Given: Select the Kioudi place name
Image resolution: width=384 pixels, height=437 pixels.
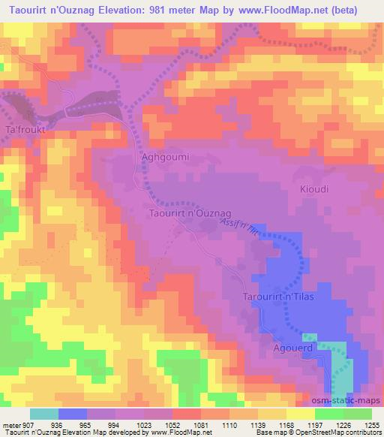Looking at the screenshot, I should point(315,188).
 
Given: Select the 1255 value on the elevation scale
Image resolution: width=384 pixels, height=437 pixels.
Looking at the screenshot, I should point(373,424).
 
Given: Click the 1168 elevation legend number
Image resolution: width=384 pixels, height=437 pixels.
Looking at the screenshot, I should point(287,424).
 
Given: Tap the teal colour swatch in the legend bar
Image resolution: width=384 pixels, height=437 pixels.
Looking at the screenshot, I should point(44,414).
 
